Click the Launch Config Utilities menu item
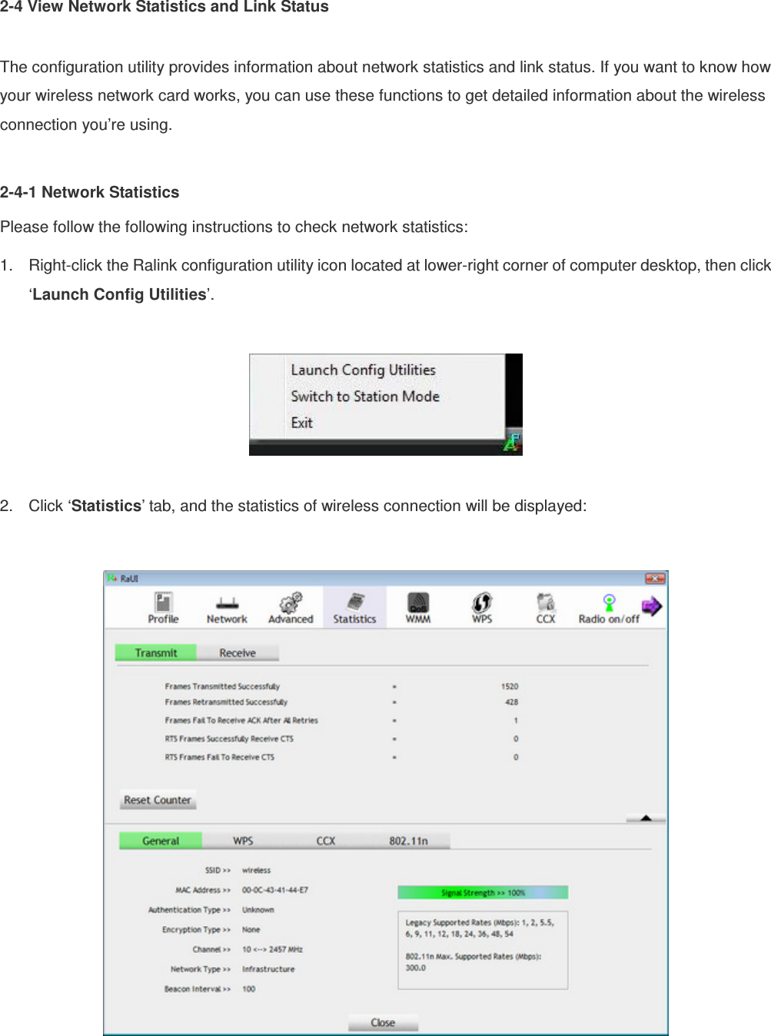pos(363,370)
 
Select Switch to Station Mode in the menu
pos(365,397)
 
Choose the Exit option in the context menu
pos(302,423)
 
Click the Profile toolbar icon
pos(163,607)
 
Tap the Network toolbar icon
pos(227,607)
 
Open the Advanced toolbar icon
pos(291,607)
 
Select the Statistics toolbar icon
pos(354,607)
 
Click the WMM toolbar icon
pos(418,607)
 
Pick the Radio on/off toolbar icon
pos(609,607)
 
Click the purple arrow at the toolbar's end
pos(652,606)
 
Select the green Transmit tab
pos(156,652)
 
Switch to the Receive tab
pos(238,652)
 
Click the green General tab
pos(161,841)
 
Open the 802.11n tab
pos(408,841)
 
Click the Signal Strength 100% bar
pos(483,892)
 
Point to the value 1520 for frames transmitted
pos(510,686)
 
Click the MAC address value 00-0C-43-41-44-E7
pos(275,890)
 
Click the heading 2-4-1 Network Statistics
pos(90,192)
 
